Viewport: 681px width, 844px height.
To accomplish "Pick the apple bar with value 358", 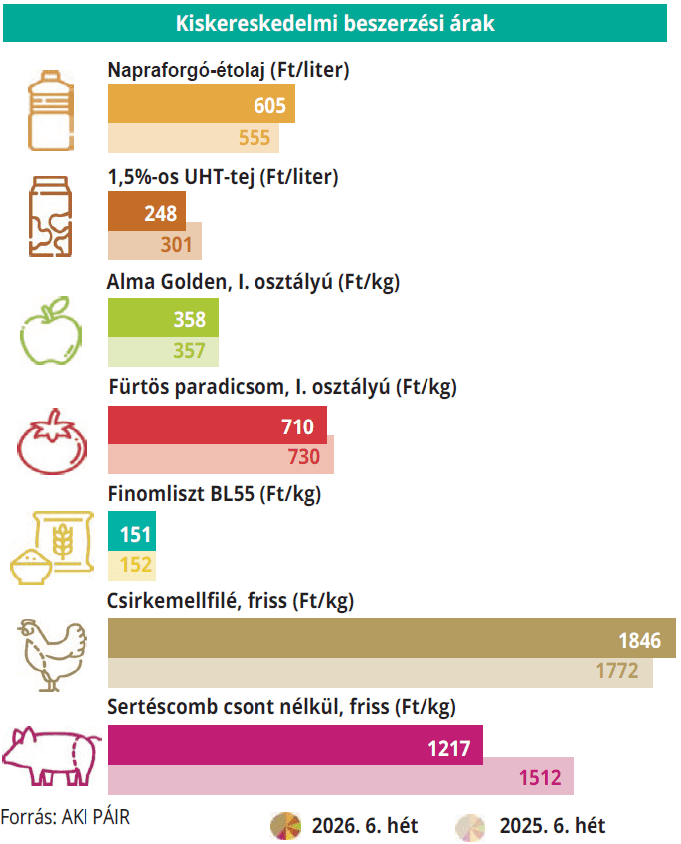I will [162, 320].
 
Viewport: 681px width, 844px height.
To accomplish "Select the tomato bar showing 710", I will [217, 427].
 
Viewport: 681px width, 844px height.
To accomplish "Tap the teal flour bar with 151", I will [131, 535].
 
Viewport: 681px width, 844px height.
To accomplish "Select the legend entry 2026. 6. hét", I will [343, 825].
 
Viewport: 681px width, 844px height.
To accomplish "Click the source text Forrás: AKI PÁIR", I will [66, 817].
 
